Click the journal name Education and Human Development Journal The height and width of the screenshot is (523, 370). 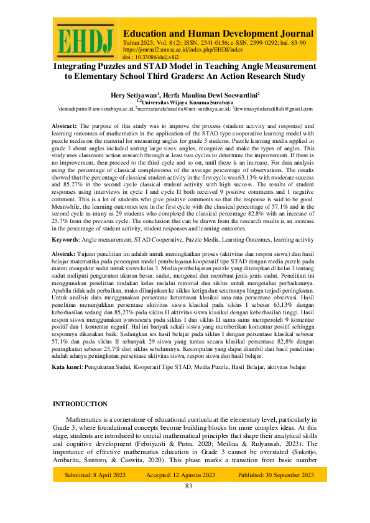point(218,33)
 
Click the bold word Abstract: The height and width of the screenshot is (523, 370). point(65,126)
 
